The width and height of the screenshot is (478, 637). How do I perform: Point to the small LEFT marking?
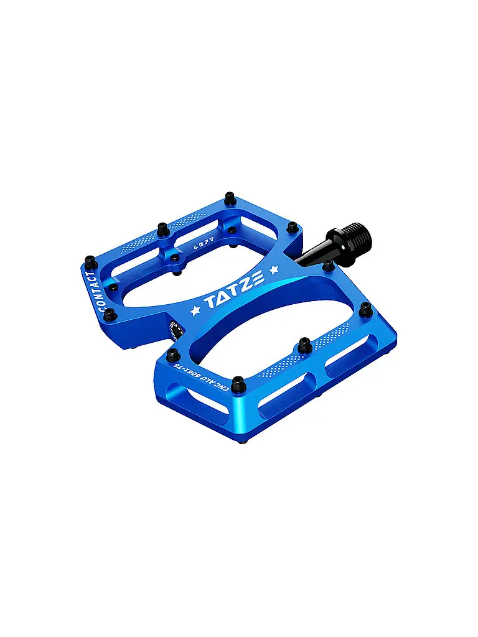tap(204, 244)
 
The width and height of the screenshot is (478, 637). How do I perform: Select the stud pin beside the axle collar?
tap(327, 266)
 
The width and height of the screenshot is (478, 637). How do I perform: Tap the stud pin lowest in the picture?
tap(237, 384)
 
